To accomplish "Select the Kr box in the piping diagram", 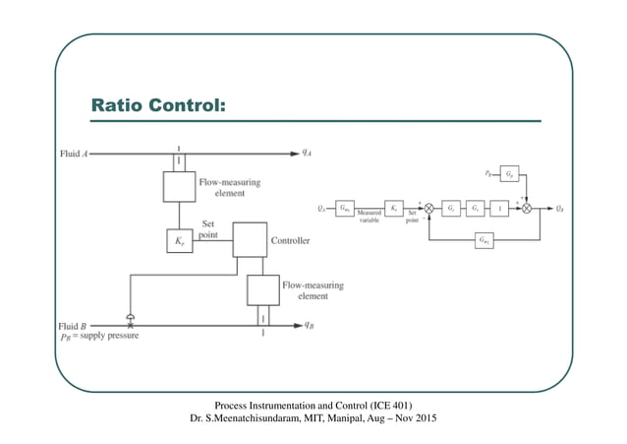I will (x=179, y=239).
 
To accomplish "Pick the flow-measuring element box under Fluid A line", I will (x=179, y=186).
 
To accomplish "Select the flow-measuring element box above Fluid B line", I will (x=262, y=289).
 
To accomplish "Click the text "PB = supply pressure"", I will (x=98, y=337).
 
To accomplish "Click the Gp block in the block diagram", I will (x=508, y=175).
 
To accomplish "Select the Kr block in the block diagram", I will (x=392, y=208).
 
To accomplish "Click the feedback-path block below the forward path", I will (x=483, y=239).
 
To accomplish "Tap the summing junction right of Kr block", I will (x=428, y=208).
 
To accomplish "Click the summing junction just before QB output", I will (x=527, y=208).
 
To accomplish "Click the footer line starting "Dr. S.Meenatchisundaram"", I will (x=313, y=419).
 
